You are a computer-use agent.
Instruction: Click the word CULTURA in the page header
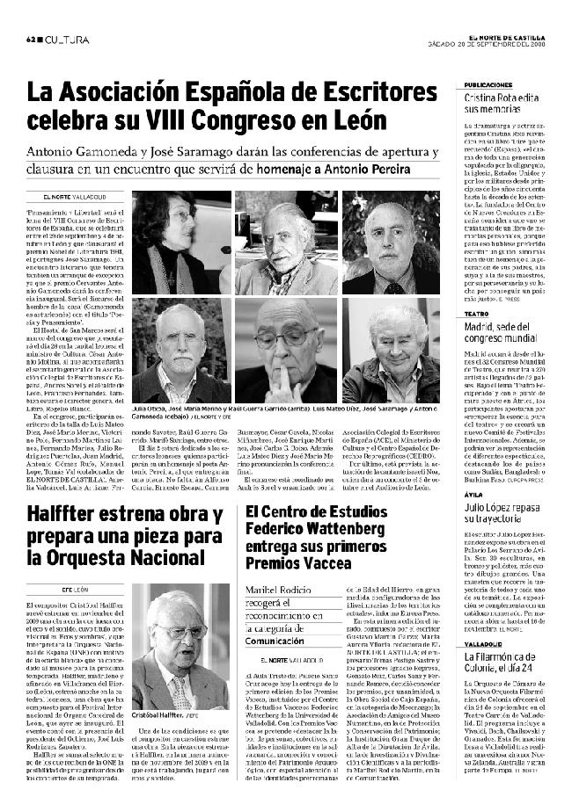pyautogui.click(x=66, y=40)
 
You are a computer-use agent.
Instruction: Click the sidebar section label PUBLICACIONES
pyautogui.click(x=488, y=85)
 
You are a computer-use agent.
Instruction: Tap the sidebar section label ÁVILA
pyautogui.click(x=474, y=494)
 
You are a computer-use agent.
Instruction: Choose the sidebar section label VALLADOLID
pyautogui.click(x=484, y=644)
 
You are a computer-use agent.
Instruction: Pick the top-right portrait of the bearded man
pyautogui.click(x=391, y=243)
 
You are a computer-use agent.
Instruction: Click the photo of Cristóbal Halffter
pyautogui.click(x=181, y=648)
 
